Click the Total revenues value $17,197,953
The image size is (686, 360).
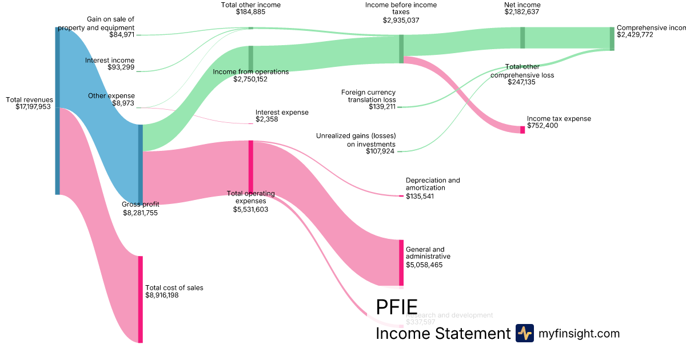(34, 107)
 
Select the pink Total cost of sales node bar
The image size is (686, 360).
(140, 299)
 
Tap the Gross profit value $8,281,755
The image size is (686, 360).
(140, 213)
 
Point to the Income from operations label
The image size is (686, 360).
(250, 72)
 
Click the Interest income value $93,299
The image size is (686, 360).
(121, 67)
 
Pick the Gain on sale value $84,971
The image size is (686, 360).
(122, 34)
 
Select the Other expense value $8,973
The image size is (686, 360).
(123, 103)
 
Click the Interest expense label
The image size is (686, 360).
(282, 113)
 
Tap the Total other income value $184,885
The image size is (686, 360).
(250, 12)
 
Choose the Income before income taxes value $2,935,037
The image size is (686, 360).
(401, 19)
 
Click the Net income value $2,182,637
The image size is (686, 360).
(522, 12)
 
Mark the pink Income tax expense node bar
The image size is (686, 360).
(523, 130)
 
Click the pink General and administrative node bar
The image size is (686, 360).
(401, 262)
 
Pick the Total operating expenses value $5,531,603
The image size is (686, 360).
(250, 209)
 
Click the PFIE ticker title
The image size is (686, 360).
(397, 307)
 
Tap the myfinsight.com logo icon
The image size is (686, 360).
(525, 333)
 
